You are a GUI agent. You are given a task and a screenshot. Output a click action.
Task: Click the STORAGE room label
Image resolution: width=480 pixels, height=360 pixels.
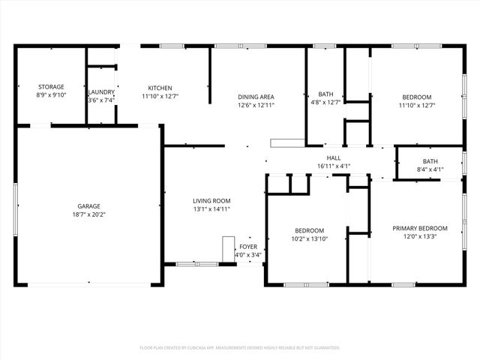coord(51,87)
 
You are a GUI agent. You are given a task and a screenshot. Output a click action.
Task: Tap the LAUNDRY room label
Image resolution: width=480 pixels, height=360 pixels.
coord(101,92)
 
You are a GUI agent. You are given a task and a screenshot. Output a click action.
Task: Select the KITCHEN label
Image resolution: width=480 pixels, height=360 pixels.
coord(160,87)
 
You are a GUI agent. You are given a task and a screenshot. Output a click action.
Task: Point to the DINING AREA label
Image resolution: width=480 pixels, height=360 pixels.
coord(256,97)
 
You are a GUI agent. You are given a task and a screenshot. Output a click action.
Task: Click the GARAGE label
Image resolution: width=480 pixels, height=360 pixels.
coord(88,206)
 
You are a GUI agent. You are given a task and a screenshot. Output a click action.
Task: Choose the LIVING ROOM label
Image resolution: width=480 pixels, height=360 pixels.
coord(211,201)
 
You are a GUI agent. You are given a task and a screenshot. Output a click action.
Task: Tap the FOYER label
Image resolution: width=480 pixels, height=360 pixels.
coord(247,247)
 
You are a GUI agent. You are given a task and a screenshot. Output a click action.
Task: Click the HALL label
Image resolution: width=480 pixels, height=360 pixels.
coord(334,157)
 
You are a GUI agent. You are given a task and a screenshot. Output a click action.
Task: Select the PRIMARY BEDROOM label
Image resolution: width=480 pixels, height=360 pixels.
coord(420,229)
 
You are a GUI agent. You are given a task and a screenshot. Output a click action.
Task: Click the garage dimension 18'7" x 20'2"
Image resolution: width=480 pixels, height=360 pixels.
coord(88,215)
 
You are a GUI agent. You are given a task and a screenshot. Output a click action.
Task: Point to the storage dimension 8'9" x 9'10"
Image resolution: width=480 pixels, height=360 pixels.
coord(51,96)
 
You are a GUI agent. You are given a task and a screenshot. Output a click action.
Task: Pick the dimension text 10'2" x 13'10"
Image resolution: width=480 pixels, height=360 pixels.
coord(309,239)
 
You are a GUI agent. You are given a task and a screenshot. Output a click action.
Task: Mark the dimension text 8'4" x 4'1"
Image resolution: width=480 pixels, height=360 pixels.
coord(430,169)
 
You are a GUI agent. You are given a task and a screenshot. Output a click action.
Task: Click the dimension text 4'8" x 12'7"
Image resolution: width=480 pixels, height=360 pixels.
coord(325,103)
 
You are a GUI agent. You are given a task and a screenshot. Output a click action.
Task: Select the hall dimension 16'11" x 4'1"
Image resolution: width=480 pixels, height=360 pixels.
coord(334,166)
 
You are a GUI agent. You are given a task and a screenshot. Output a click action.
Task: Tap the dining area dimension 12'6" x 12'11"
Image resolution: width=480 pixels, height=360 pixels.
coord(256,106)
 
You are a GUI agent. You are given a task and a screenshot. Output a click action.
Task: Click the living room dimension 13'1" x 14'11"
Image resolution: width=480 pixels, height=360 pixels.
coord(211,210)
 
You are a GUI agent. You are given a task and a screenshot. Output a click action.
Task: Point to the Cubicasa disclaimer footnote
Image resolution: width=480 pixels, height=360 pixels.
coord(240,347)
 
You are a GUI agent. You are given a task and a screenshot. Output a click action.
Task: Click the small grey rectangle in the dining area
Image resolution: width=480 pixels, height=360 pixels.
coord(284,142)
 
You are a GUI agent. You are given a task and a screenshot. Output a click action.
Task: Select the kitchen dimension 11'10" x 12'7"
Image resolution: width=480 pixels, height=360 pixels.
coord(160,96)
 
